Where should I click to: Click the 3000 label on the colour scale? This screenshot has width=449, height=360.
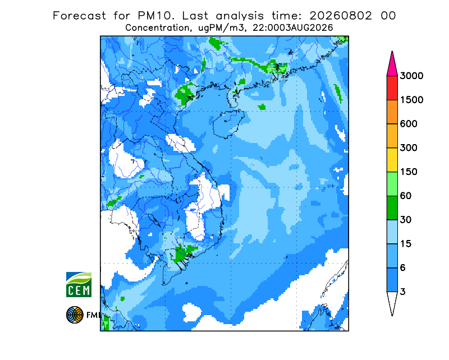pyautogui.click(x=411, y=76)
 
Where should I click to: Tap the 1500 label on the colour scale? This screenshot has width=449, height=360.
pyautogui.click(x=411, y=100)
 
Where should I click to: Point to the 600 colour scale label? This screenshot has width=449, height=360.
pyautogui.click(x=409, y=124)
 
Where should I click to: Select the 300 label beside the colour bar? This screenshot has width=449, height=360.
pyautogui.click(x=409, y=148)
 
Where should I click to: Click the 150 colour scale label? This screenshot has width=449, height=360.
pyautogui.click(x=409, y=172)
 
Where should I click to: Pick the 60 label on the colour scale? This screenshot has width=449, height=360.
pyautogui.click(x=406, y=196)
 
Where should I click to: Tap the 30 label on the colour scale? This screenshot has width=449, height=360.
pyautogui.click(x=406, y=220)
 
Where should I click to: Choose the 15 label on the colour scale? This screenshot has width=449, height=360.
pyautogui.click(x=406, y=244)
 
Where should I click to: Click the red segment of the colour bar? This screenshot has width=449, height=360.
pyautogui.click(x=392, y=88)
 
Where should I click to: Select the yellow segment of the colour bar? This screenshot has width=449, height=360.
pyautogui.click(x=392, y=160)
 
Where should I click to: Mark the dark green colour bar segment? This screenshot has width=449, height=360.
pyautogui.click(x=392, y=208)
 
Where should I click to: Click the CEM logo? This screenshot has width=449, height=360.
pyautogui.click(x=79, y=284)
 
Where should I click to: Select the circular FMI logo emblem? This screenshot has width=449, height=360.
pyautogui.click(x=75, y=315)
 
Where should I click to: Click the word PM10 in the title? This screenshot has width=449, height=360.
pyautogui.click(x=156, y=16)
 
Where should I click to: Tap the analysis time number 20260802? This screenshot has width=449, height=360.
pyautogui.click(x=341, y=16)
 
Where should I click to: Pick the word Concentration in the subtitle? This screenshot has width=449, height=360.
pyautogui.click(x=157, y=28)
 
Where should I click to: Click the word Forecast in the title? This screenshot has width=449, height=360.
pyautogui.click(x=79, y=16)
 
